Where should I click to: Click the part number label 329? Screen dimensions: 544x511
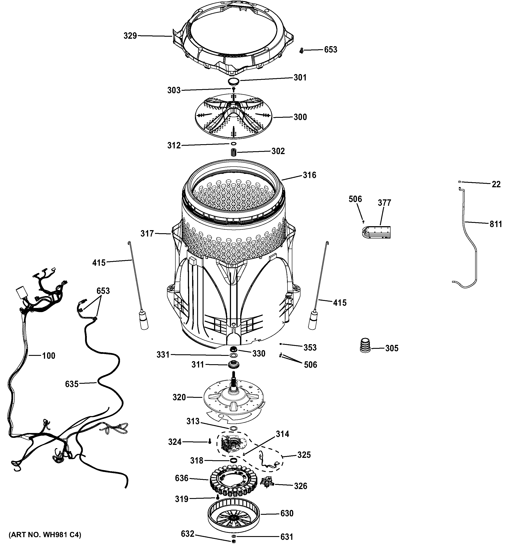click(130, 36)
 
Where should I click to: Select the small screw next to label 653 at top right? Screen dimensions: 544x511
click(302, 50)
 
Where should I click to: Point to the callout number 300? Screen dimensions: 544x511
click(300, 117)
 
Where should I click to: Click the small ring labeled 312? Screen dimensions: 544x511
click(233, 144)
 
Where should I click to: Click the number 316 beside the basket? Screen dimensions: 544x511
click(309, 175)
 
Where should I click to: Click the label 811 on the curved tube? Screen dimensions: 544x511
click(496, 224)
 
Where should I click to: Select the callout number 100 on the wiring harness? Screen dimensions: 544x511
click(48, 356)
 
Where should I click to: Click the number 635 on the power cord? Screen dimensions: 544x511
click(72, 384)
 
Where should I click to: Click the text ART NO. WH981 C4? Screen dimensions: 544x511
click(45, 535)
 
